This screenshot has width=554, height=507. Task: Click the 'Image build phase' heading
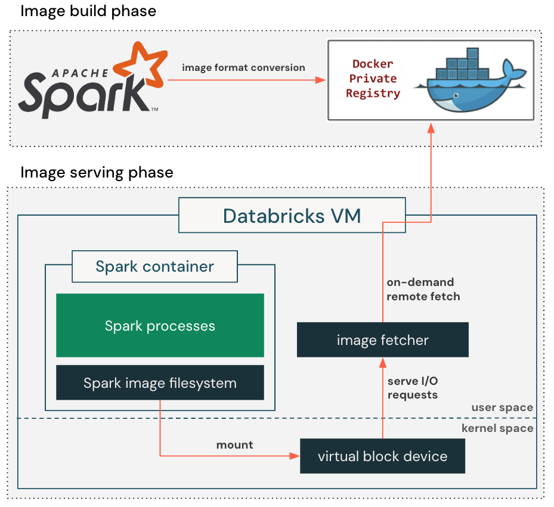[x=88, y=11]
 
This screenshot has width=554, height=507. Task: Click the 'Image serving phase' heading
[x=97, y=173]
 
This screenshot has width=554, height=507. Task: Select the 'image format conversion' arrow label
[x=243, y=67]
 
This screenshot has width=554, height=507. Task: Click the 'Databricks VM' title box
[x=292, y=216]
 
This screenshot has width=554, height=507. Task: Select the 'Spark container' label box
[x=154, y=266]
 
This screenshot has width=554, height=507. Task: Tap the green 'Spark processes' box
[x=160, y=325]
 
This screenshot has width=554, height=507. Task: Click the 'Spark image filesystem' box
[x=160, y=382]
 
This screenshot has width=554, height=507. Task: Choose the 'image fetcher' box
[x=382, y=340]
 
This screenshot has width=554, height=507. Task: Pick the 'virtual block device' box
[x=382, y=456]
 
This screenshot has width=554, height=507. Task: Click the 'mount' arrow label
[x=234, y=445]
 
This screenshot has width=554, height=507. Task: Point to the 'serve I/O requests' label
[x=413, y=388]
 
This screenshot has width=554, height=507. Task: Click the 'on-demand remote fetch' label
[x=423, y=289]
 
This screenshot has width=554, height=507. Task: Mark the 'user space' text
[x=502, y=408]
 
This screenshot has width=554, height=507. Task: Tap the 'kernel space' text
[x=497, y=428]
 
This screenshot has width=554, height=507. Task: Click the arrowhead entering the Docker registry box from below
[x=430, y=126]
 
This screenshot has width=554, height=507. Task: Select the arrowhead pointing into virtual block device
[x=295, y=456]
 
